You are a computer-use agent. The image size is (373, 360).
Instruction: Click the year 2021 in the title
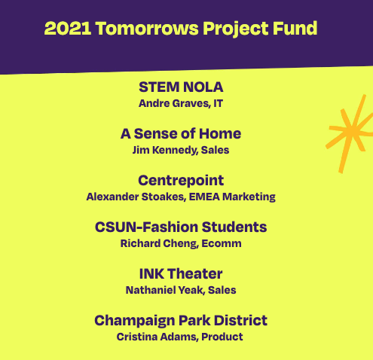point(68,28)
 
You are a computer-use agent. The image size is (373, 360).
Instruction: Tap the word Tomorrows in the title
point(147,28)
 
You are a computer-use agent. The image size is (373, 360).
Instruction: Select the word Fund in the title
point(295,28)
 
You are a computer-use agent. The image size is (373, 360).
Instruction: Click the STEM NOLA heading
point(181,87)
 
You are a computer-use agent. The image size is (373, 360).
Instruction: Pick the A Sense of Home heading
point(181,133)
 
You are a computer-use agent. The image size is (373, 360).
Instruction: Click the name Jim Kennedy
point(165,150)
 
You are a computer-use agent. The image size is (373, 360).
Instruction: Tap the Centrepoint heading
point(181,180)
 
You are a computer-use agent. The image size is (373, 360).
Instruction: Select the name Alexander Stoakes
point(136,197)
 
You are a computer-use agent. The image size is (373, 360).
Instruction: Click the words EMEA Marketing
point(232,197)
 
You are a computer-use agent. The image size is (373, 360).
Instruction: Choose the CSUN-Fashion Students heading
point(181,227)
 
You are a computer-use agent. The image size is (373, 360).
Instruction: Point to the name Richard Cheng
point(159,243)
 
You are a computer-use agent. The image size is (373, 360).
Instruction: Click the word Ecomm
point(222,243)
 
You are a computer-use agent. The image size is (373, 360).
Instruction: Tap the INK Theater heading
point(181,273)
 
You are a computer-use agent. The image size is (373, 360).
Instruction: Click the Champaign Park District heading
point(181,321)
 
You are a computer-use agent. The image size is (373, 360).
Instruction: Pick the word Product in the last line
point(222,337)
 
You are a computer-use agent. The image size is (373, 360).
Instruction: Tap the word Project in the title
point(236,29)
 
